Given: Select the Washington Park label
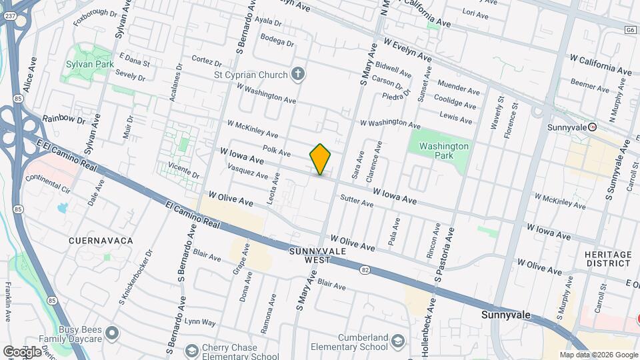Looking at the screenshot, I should tap(444, 151).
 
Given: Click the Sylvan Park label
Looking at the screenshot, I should tap(83, 65).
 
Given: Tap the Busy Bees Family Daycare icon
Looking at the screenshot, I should tap(112, 332).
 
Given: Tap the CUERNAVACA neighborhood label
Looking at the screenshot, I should tap(101, 240).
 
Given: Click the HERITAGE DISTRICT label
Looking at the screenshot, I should tap(607, 259).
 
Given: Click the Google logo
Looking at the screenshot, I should tap(22, 351).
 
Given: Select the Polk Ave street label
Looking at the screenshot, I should tap(277, 151).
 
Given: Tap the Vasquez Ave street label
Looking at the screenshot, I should tap(248, 174).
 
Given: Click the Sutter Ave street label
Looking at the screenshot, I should tap(357, 200).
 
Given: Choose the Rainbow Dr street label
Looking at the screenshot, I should tap(64, 119).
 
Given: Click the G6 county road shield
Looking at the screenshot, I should tap(630, 30).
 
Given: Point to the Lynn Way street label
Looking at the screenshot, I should tap(200, 322).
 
